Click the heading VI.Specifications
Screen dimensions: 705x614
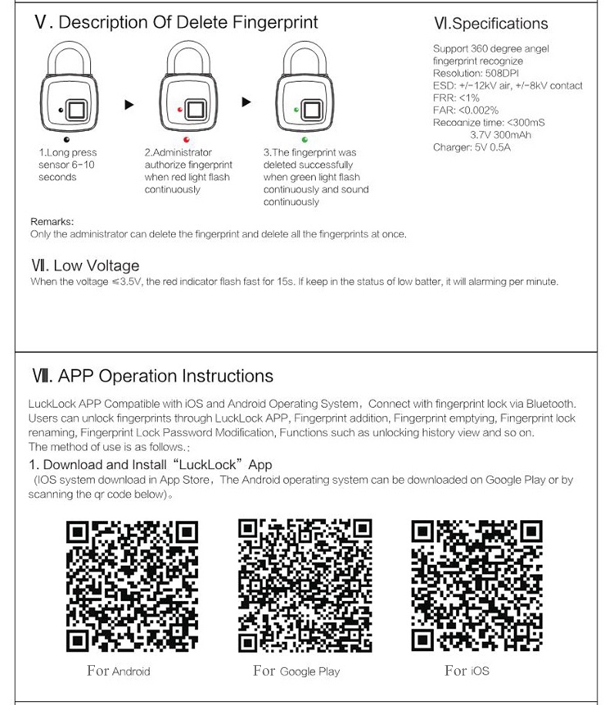(491, 24)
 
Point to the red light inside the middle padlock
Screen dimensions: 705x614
(180, 109)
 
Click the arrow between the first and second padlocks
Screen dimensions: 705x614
(129, 105)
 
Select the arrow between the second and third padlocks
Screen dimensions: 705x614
(246, 103)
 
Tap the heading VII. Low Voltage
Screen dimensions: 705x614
(85, 265)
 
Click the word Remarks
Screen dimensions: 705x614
(52, 221)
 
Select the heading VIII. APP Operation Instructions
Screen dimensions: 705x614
(151, 377)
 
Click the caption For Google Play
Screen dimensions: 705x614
(296, 671)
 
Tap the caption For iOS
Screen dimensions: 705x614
(467, 671)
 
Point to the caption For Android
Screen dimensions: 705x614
(119, 671)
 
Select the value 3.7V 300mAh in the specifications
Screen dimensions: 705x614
(502, 134)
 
